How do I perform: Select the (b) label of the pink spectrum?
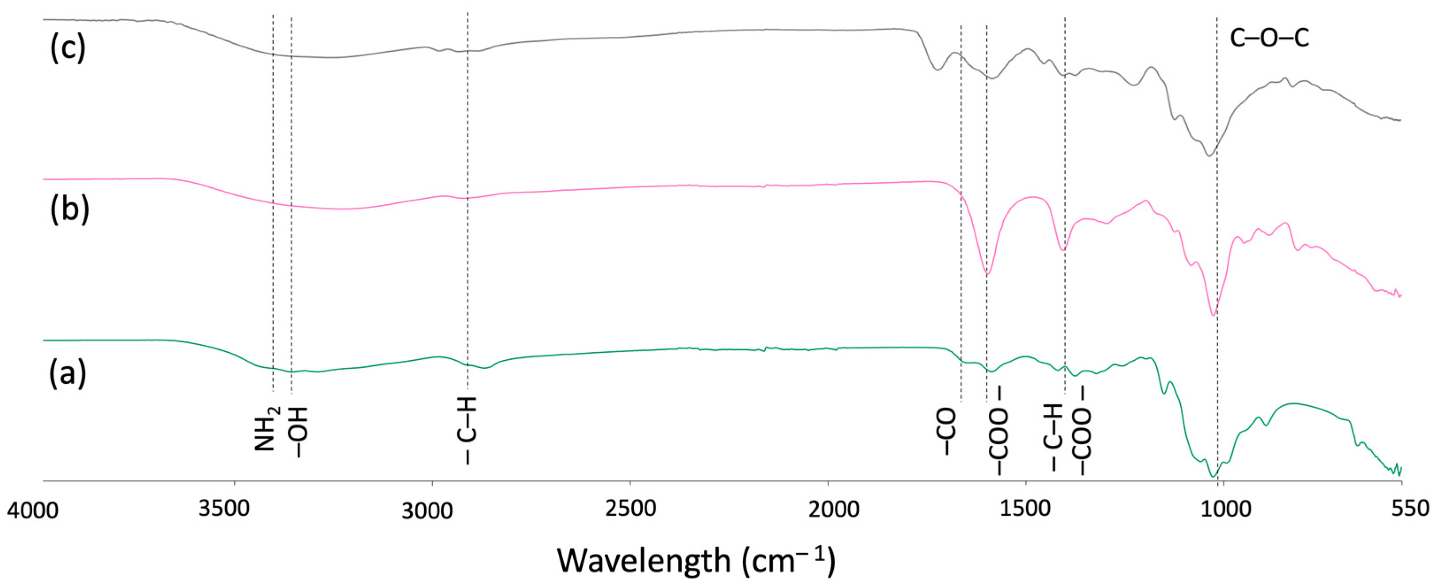click(x=69, y=210)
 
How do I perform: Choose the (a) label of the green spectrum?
click(x=68, y=373)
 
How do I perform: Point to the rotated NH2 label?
click(x=266, y=428)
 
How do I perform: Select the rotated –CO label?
click(x=947, y=431)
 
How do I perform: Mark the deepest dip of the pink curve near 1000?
click(x=1213, y=315)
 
